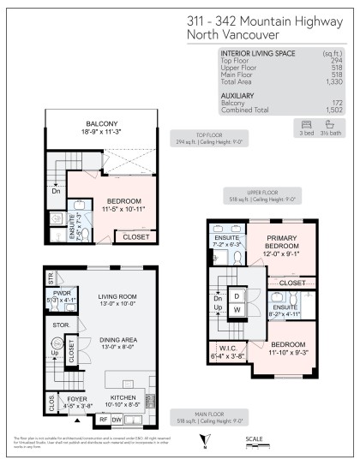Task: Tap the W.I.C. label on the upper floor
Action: click(227, 346)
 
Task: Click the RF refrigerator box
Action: click(103, 420)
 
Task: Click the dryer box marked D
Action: click(237, 295)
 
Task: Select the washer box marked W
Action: click(237, 310)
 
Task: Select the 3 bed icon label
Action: click(307, 134)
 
